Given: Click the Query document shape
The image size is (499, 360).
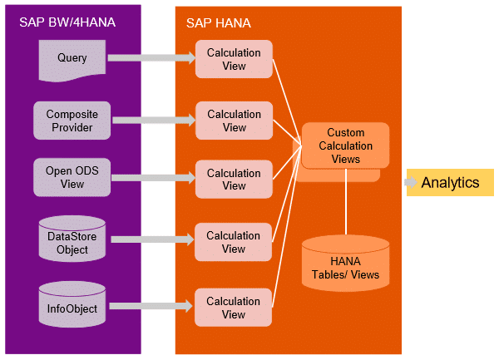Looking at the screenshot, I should pos(72,58).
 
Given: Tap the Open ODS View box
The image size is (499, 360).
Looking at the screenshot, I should pos(72,178).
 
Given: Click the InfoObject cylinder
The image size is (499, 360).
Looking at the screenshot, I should pos(72,306).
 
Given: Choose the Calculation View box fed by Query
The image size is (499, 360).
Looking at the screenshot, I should pos(234,59).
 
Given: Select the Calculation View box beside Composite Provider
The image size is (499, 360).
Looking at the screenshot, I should pos(234,121).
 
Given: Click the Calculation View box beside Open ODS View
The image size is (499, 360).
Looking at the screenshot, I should pos(234,180).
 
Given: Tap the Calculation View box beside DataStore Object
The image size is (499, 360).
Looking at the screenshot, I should pos(234,242).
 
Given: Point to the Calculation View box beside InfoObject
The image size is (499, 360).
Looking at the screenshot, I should pos(234,308).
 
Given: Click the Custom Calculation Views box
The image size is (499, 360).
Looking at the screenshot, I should pos(344,146).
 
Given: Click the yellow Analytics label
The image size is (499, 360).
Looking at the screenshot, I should pos(450,183).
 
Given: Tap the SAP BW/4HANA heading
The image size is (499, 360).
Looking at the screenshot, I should pos(67,22).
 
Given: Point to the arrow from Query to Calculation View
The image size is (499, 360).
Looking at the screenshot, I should pos(150,58).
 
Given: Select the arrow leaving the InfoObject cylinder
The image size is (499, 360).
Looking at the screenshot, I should pos(150,307).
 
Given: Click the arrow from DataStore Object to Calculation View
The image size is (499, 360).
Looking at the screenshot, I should pos(150,239).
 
